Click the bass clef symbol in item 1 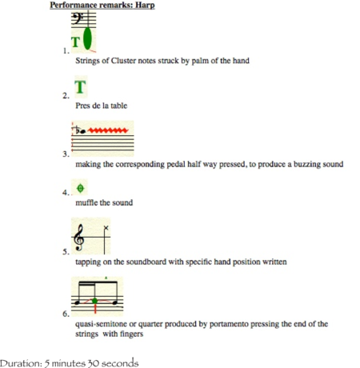77,18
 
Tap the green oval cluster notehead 87,38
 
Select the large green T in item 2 80,87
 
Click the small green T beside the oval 75,42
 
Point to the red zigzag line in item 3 108,130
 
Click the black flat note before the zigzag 81,130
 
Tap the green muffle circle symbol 80,188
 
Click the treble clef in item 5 79,238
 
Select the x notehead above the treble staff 106,228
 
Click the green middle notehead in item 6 94,301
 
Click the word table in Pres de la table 118,106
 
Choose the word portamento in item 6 229,324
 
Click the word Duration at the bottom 21,363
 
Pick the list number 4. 66,193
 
